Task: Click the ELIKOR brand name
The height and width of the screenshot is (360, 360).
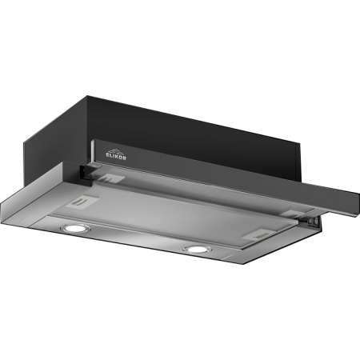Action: pyautogui.click(x=116, y=156)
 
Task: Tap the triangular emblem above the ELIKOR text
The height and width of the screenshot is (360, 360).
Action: pyautogui.click(x=116, y=151)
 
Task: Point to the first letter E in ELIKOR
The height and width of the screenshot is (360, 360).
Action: pyautogui.click(x=108, y=154)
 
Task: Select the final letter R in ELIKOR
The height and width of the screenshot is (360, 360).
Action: pyautogui.click(x=124, y=158)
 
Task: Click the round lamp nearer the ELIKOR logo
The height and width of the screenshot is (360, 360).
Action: pyautogui.click(x=75, y=228)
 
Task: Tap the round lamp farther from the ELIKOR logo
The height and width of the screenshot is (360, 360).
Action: pyautogui.click(x=198, y=250)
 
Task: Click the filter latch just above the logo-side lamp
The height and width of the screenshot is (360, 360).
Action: pyautogui.click(x=82, y=201)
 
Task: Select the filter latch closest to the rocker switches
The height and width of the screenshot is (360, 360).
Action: pyautogui.click(x=292, y=214)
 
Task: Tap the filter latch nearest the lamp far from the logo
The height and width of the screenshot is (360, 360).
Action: pyautogui.click(x=258, y=234)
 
